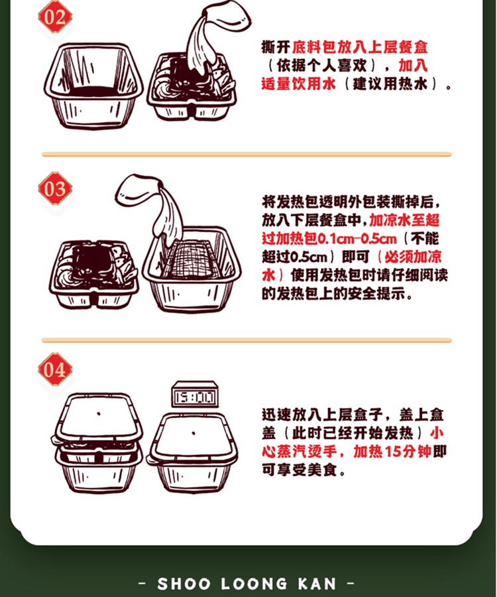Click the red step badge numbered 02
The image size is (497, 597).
click(x=55, y=17)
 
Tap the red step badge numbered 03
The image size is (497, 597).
click(x=55, y=188)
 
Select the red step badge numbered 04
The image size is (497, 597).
click(x=55, y=369)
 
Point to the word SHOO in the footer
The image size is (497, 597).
click(x=184, y=584)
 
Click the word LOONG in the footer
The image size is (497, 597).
click(x=254, y=584)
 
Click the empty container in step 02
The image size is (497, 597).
click(x=93, y=86)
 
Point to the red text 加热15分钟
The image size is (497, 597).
click(x=392, y=452)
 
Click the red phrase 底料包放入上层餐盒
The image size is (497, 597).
click(x=360, y=47)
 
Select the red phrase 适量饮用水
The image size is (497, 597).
click(x=298, y=84)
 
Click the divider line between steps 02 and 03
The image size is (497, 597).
click(x=247, y=154)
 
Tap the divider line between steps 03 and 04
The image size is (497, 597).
click(x=247, y=340)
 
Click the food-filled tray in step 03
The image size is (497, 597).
click(x=93, y=273)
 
